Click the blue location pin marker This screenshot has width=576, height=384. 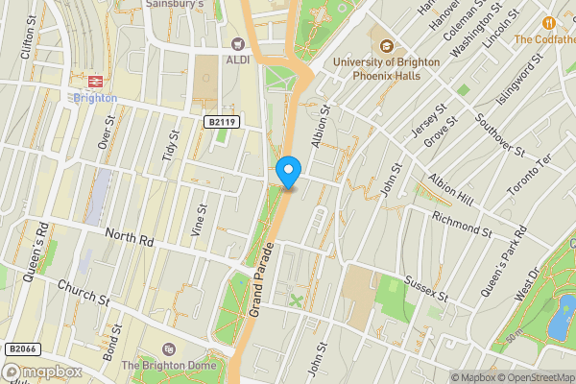click(x=288, y=172)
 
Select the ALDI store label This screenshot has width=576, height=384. click(x=237, y=59)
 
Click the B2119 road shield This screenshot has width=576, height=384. click(x=220, y=121)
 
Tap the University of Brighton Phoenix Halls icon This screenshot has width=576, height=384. click(x=388, y=46)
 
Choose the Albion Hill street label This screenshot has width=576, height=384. click(x=452, y=189)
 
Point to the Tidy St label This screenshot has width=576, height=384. click(x=171, y=147)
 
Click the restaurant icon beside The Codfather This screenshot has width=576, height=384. click(x=549, y=22)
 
